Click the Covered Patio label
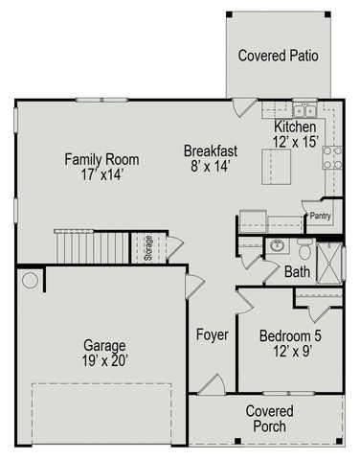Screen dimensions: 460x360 (x=279, y=55)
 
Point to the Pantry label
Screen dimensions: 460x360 (x=320, y=217)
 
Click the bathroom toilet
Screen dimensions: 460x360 (x=304, y=251)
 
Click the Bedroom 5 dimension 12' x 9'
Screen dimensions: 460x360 (x=290, y=352)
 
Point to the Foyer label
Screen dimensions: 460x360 (x=212, y=334)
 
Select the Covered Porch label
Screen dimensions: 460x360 (x=269, y=419)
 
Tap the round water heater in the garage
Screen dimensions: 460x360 (x=30, y=281)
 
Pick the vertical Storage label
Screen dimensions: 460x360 (x=148, y=247)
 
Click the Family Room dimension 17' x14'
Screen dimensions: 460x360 (x=95, y=175)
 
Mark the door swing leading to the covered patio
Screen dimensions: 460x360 (x=245, y=107)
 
